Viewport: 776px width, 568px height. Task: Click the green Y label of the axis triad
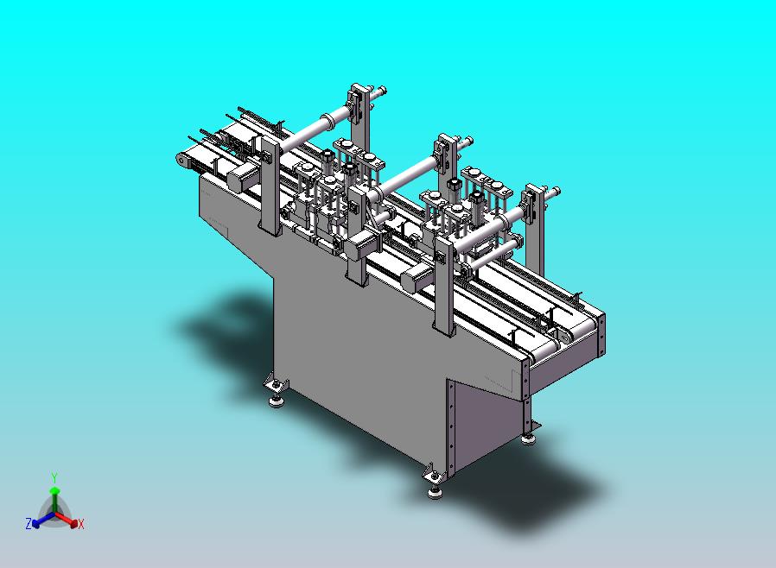54,477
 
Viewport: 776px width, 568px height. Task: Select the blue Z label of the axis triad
29,523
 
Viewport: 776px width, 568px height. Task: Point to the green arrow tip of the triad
54,490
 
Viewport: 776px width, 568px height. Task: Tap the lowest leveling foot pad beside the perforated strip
436,494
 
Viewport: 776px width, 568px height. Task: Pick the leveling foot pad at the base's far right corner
528,439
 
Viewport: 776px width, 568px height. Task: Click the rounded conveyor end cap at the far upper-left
183,159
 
